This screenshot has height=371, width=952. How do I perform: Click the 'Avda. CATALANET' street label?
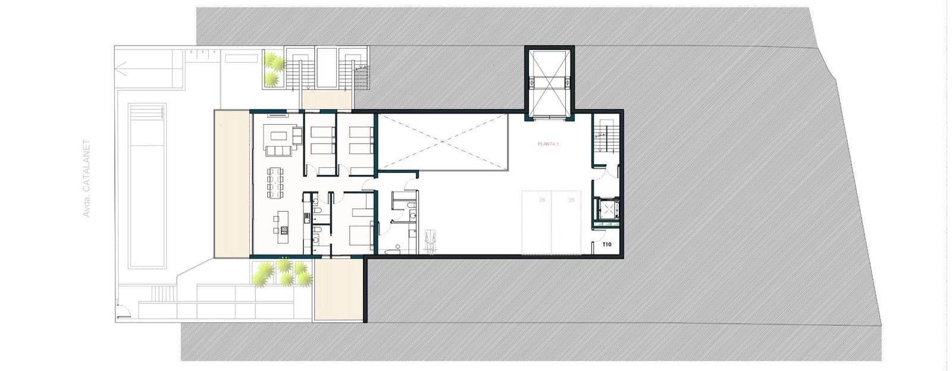click(x=86, y=178)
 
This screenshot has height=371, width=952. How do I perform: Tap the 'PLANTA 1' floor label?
click(x=548, y=144)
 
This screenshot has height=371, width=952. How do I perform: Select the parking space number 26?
click(x=542, y=200)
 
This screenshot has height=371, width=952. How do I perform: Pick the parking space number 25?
click(x=572, y=200)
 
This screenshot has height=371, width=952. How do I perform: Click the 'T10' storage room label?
click(x=607, y=244)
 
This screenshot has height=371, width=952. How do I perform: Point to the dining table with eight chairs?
click(x=275, y=182)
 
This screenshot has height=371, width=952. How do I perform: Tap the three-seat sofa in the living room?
click(x=278, y=150)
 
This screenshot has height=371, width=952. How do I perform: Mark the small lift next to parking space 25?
click(x=607, y=210)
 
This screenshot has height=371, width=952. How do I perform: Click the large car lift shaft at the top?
click(x=549, y=83)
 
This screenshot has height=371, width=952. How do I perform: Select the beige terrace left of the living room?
click(x=232, y=184)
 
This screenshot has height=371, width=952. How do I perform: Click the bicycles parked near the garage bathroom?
click(x=428, y=243)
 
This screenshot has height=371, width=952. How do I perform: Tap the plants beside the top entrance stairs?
click(x=273, y=68)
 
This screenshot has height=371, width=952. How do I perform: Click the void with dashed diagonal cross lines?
click(x=443, y=142)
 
